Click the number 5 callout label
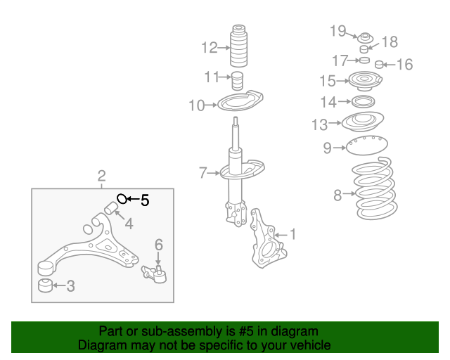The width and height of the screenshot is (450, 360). [x=145, y=200]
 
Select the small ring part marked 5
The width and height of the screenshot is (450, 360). [x=122, y=199]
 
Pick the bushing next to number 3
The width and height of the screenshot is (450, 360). [x=45, y=285]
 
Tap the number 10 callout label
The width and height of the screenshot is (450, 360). [x=196, y=106]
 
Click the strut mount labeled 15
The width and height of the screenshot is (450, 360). [x=364, y=82]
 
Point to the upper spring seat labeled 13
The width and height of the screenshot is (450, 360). [x=362, y=123]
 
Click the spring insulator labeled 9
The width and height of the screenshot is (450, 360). [x=366, y=147]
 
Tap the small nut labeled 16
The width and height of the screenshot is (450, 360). [x=379, y=65]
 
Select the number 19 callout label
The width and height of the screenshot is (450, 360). [x=338, y=30]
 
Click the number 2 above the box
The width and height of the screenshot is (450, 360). [x=101, y=176]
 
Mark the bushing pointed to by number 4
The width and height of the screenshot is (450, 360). [x=110, y=207]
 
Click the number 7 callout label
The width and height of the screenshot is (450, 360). [x=203, y=172]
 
